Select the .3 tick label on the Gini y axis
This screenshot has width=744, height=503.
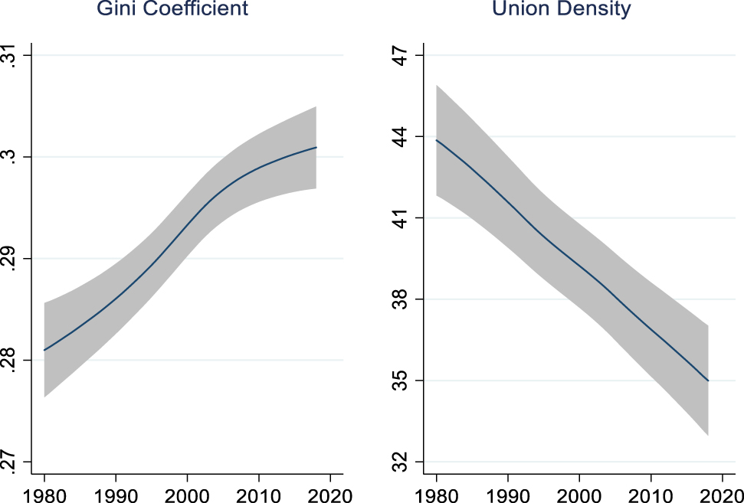click(x=10, y=157)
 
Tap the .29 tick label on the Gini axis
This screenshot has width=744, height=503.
click(x=10, y=259)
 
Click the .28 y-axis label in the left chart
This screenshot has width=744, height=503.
click(x=10, y=360)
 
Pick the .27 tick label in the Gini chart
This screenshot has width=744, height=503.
click(x=10, y=461)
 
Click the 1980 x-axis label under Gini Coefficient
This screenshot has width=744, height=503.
click(x=44, y=491)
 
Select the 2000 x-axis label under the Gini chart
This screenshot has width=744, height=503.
click(x=188, y=491)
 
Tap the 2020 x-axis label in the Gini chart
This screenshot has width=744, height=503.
click(x=330, y=491)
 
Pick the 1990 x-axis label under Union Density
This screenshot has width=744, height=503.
click(x=508, y=491)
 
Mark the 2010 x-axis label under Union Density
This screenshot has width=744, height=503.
click(x=651, y=491)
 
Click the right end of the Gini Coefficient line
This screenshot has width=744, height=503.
click(x=316, y=147)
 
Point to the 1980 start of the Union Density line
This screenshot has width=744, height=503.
click(x=437, y=140)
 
